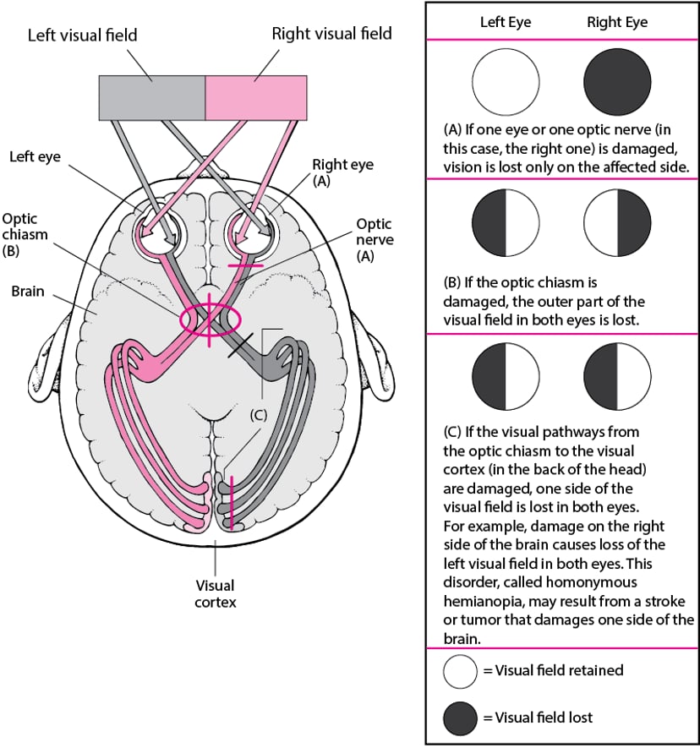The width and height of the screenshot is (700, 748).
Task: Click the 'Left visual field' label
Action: pyautogui.click(x=82, y=35)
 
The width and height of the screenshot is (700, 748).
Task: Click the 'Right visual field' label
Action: pyautogui.click(x=331, y=34)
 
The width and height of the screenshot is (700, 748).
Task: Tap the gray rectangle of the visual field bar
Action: pyautogui.click(x=152, y=98)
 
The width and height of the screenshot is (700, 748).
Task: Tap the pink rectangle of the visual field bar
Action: pyautogui.click(x=256, y=98)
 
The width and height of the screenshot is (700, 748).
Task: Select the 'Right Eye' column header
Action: pyautogui.click(x=617, y=23)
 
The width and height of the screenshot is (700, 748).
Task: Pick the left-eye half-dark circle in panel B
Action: pyautogui.click(x=505, y=223)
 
